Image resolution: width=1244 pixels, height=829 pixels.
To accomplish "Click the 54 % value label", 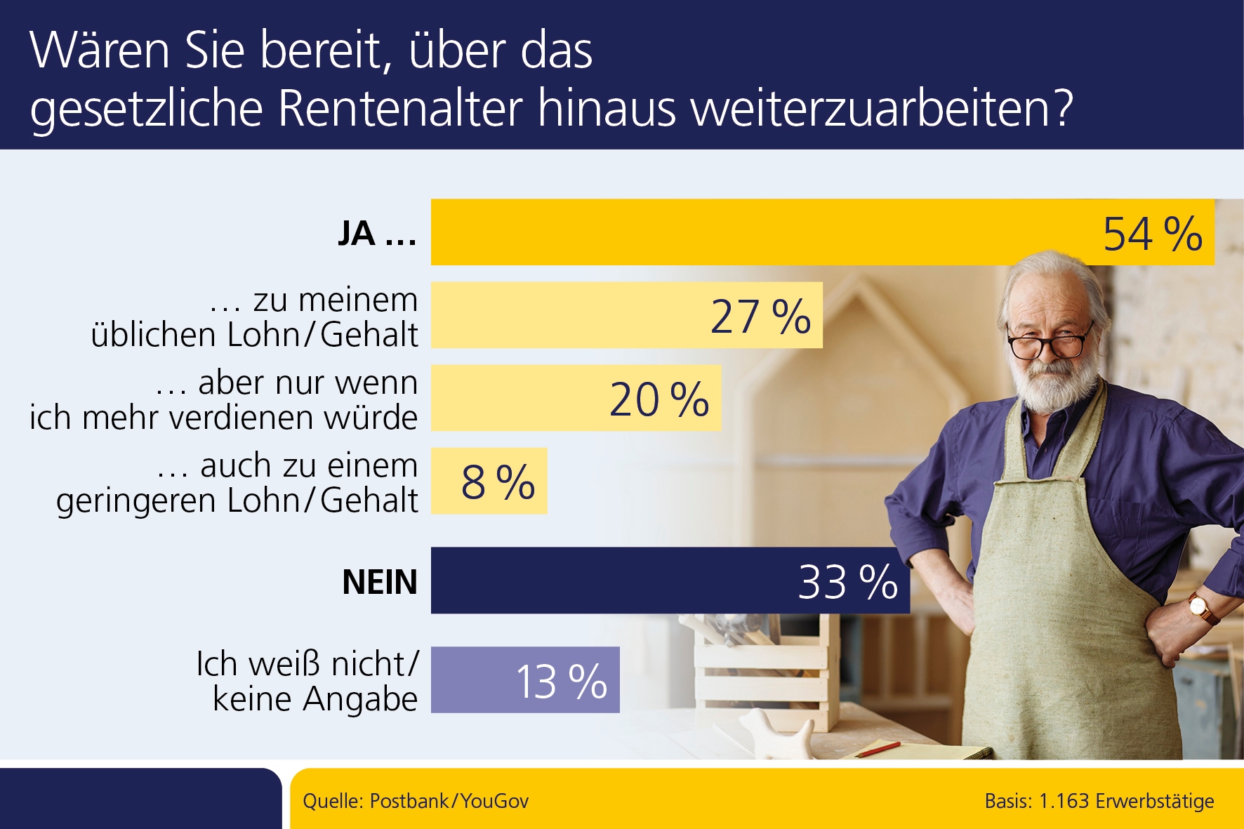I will pyautogui.click(x=1152, y=234).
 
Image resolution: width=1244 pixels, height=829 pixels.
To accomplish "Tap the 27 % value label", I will pyautogui.click(x=760, y=317).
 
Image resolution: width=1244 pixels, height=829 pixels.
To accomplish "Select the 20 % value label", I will pyautogui.click(x=659, y=399).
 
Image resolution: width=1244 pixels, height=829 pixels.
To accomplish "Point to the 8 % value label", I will pyautogui.click(x=498, y=482).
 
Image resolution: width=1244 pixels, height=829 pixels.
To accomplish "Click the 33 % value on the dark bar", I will pyautogui.click(x=847, y=582).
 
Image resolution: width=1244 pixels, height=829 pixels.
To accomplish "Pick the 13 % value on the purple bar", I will pyautogui.click(x=561, y=681).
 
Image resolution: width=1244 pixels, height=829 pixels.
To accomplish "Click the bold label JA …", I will pyautogui.click(x=378, y=234).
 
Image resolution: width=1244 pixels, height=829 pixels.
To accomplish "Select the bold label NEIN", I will pyautogui.click(x=380, y=582).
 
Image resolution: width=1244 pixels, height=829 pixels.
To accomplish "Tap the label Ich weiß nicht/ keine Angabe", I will pyautogui.click(x=309, y=681).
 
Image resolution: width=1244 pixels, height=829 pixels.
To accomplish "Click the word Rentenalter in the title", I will pyautogui.click(x=401, y=109).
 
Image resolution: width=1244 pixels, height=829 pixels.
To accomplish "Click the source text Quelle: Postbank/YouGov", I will pyautogui.click(x=416, y=801).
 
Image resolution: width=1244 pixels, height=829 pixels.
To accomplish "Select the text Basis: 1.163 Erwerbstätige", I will pyautogui.click(x=1099, y=801).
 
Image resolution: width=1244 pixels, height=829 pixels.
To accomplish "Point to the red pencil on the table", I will pyautogui.click(x=878, y=750).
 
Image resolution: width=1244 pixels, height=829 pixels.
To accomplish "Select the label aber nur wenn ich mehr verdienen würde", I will pyautogui.click(x=223, y=399).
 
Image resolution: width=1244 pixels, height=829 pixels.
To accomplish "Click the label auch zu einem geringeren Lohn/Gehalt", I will pyautogui.click(x=237, y=482).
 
